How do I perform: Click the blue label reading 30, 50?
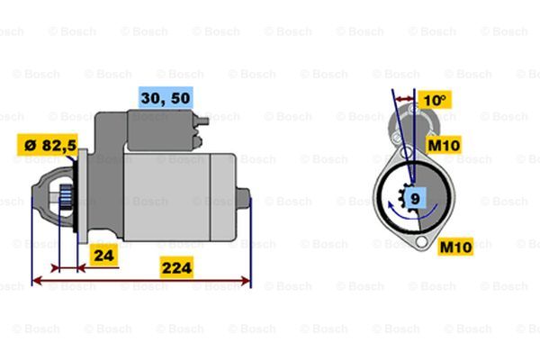(166, 98)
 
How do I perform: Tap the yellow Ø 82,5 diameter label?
(48, 145)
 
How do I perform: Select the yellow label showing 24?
(103, 256)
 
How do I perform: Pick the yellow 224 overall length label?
(176, 267)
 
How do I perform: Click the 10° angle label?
(435, 100)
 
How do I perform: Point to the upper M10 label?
(443, 145)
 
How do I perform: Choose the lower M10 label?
(455, 247)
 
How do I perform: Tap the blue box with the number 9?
(416, 198)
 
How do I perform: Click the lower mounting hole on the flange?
(421, 241)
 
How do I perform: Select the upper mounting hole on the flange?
(407, 151)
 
